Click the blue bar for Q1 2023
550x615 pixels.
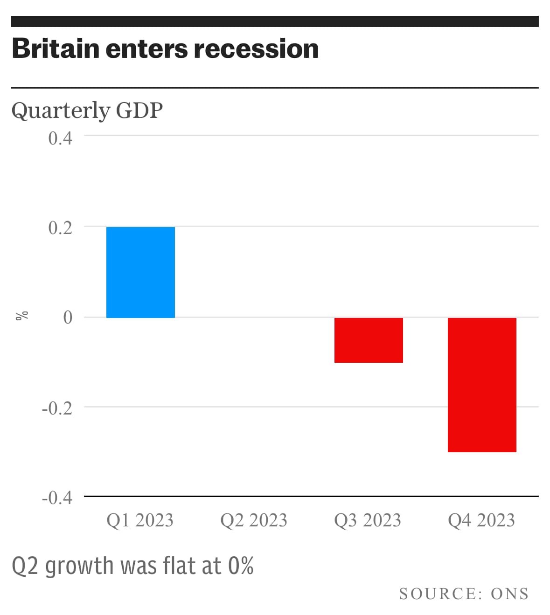[140, 272]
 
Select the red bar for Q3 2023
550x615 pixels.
[369, 340]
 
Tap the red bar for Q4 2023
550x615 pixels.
[482, 385]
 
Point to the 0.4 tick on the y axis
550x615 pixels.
[60, 138]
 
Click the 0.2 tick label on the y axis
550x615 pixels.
[60, 228]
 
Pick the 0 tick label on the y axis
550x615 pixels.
[68, 318]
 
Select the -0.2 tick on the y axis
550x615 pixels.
[57, 408]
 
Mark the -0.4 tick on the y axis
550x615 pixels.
[57, 498]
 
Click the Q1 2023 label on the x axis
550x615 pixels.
[140, 520]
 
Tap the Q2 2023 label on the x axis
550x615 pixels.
[254, 520]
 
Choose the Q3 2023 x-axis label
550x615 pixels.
[368, 520]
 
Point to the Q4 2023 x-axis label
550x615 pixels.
[481, 520]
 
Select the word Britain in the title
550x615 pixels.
[56, 48]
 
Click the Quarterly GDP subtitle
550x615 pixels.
[87, 111]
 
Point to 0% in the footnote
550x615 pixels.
[241, 566]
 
